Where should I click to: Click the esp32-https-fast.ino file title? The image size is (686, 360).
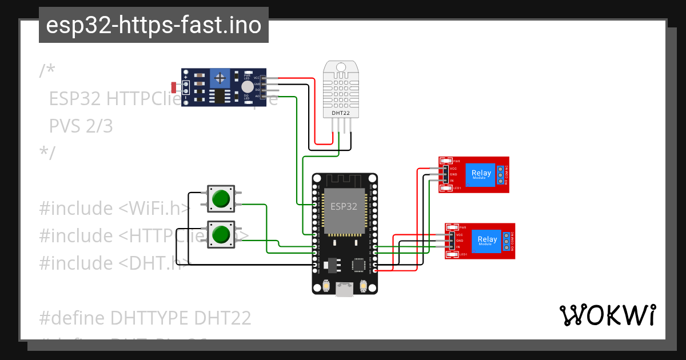click(x=153, y=25)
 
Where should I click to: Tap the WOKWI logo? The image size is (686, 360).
click(x=607, y=315)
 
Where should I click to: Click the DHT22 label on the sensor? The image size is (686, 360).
click(x=341, y=113)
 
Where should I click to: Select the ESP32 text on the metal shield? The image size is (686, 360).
click(x=341, y=205)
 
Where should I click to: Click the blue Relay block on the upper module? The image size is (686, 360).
click(x=480, y=174)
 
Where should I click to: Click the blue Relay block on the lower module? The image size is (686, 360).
click(x=487, y=241)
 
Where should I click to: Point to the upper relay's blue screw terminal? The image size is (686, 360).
click(x=501, y=175)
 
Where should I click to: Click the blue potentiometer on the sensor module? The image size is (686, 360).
click(x=218, y=78)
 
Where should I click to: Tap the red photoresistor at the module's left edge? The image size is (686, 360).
click(x=174, y=87)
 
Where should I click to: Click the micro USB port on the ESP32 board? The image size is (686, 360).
click(x=345, y=290)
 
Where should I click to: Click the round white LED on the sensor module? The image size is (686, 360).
click(x=246, y=86)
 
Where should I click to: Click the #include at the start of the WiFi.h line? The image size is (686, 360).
click(x=76, y=209)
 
